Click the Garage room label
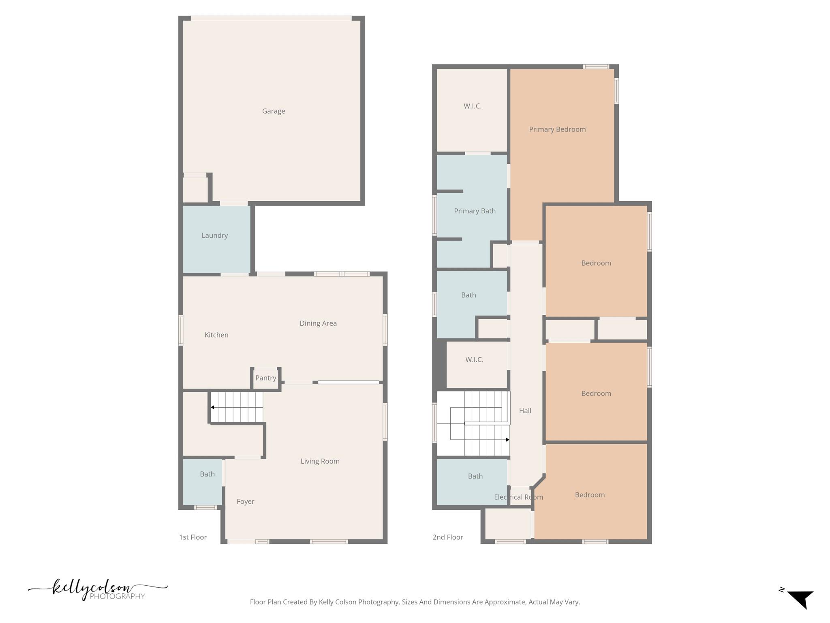[x=274, y=111]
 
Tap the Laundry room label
[x=215, y=236]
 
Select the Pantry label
[x=266, y=378]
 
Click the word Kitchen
[x=216, y=335]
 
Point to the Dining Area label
[x=318, y=323]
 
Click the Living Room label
[x=320, y=461]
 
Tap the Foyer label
[x=246, y=502]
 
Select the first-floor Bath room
[x=207, y=474]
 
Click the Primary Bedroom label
[x=557, y=129]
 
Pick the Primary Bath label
[x=475, y=211]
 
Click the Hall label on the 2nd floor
[x=525, y=411]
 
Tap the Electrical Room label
[x=518, y=497]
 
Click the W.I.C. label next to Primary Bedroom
[x=473, y=106]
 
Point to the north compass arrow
[x=801, y=599]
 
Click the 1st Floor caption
[x=193, y=537]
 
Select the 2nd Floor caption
[x=447, y=537]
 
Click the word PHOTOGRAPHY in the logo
[x=117, y=596]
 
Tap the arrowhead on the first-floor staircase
[x=212, y=407]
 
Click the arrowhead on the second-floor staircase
[x=507, y=440]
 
